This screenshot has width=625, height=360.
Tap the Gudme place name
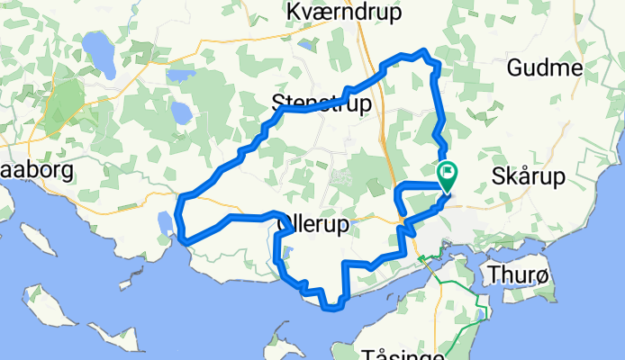(x=545, y=67)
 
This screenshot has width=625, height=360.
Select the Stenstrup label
(x=322, y=104)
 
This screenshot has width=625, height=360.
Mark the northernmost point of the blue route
(x=421, y=52)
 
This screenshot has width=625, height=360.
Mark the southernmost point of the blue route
(x=334, y=309)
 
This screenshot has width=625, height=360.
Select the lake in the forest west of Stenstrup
(x=181, y=112)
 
